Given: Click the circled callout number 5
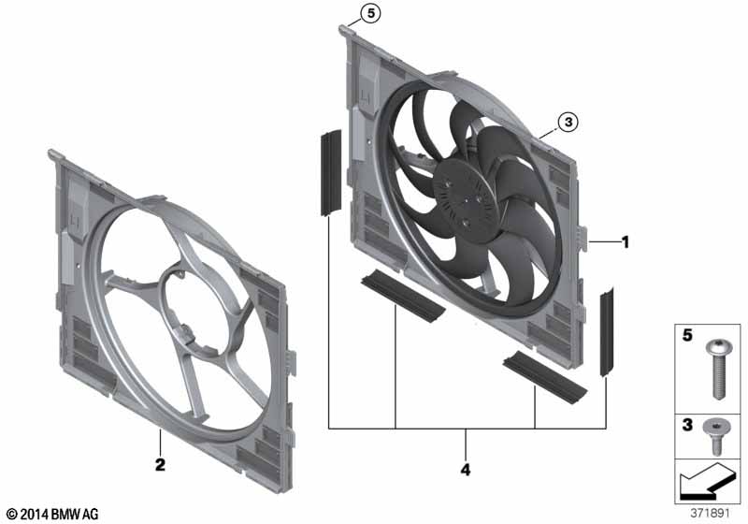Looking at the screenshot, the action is tap(370, 14).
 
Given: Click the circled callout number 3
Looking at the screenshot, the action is tap(568, 123).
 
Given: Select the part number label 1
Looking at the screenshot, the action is tap(626, 242).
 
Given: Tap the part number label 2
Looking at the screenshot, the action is tap(160, 464).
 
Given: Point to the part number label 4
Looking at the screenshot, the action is tap(466, 470).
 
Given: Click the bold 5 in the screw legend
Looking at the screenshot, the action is tap(687, 335).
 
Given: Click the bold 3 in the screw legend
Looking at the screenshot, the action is tap(687, 424).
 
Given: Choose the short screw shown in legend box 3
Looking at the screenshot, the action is tap(715, 436).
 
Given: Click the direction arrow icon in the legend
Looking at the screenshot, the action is tap(707, 482).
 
